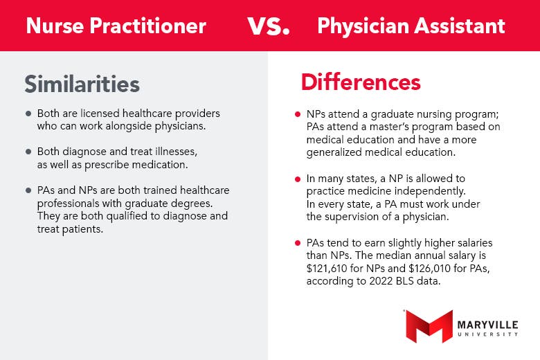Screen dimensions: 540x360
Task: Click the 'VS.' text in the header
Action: [x=269, y=26]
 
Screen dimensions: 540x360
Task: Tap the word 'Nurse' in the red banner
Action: [x=55, y=26]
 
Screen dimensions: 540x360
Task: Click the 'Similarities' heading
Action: [x=82, y=84]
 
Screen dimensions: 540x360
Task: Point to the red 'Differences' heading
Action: [x=361, y=82]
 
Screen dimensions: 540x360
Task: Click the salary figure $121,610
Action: [x=326, y=268]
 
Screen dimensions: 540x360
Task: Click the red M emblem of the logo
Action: [x=429, y=326]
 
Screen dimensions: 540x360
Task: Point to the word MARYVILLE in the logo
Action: [x=487, y=325]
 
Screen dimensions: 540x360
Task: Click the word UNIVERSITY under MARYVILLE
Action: [x=487, y=334]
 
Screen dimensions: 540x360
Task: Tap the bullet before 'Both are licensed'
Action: [x=28, y=114]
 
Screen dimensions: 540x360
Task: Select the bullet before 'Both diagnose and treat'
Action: [x=28, y=152]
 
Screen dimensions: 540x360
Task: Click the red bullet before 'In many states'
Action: [x=298, y=179]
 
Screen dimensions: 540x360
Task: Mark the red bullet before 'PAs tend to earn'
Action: [x=298, y=243]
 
